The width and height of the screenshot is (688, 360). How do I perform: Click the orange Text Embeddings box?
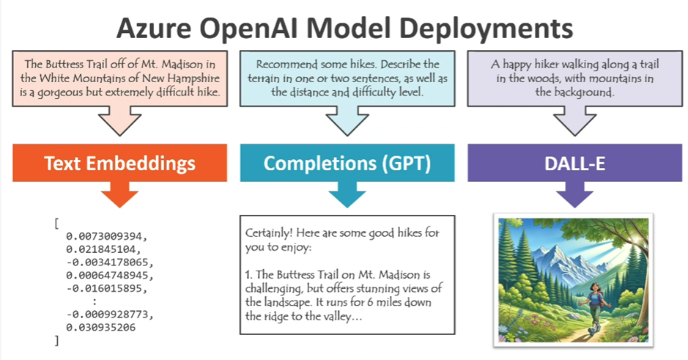point(119,163)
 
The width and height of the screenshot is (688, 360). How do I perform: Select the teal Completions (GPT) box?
point(347,163)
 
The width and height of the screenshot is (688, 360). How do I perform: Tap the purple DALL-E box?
point(574,163)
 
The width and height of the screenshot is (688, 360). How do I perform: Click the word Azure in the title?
point(154,29)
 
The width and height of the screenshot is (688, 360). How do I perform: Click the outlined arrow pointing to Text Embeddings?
point(119,121)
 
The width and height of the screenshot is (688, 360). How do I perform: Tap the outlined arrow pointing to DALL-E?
point(574,121)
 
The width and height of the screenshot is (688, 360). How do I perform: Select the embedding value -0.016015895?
point(107,288)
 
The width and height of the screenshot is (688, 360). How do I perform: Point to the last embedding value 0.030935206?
point(101,328)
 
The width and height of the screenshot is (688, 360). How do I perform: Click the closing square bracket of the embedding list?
point(56,341)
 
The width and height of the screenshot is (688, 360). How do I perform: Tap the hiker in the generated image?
point(593,307)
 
